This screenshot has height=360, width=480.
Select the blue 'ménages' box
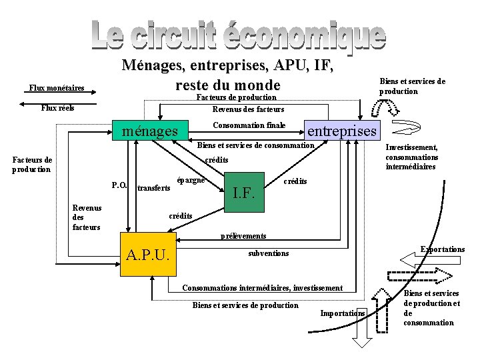tap(150, 131)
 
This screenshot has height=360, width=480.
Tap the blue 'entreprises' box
tap(341, 131)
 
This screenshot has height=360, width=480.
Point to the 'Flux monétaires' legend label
tap(57, 88)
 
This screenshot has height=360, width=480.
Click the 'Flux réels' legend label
tap(57, 108)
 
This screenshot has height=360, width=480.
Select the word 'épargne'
tap(191, 181)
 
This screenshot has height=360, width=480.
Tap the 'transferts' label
tap(153, 189)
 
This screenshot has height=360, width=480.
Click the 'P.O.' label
tap(119, 185)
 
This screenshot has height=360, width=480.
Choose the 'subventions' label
tap(268, 253)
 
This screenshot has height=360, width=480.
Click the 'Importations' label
tap(343, 313)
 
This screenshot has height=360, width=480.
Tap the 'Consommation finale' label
tap(249, 125)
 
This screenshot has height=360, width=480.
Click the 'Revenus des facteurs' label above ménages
tap(248, 109)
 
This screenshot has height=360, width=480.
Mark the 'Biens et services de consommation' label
tap(255, 145)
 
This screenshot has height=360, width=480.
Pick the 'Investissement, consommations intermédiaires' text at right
tap(411, 157)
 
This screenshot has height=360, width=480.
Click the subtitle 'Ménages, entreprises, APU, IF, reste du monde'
tap(227, 75)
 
